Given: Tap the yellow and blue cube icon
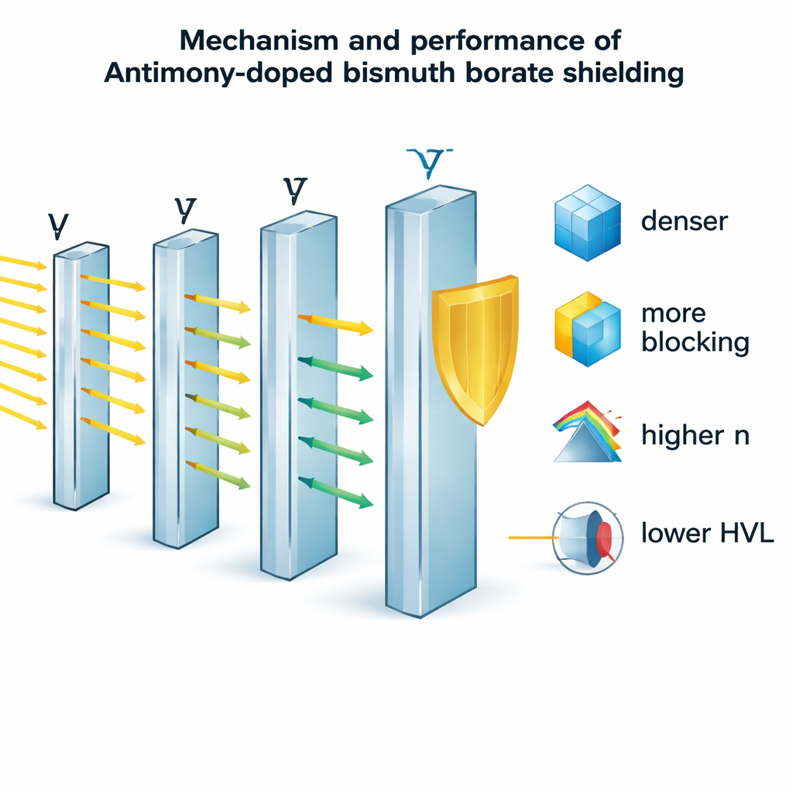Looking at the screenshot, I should pos(588,328).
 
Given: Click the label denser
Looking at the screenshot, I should pos(685,221).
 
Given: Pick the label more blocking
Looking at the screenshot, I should pos(695,328).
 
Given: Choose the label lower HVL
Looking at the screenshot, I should pos(708,533).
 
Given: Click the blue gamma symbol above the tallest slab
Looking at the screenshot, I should pos(429,161).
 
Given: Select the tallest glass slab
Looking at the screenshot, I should pos(430,403).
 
